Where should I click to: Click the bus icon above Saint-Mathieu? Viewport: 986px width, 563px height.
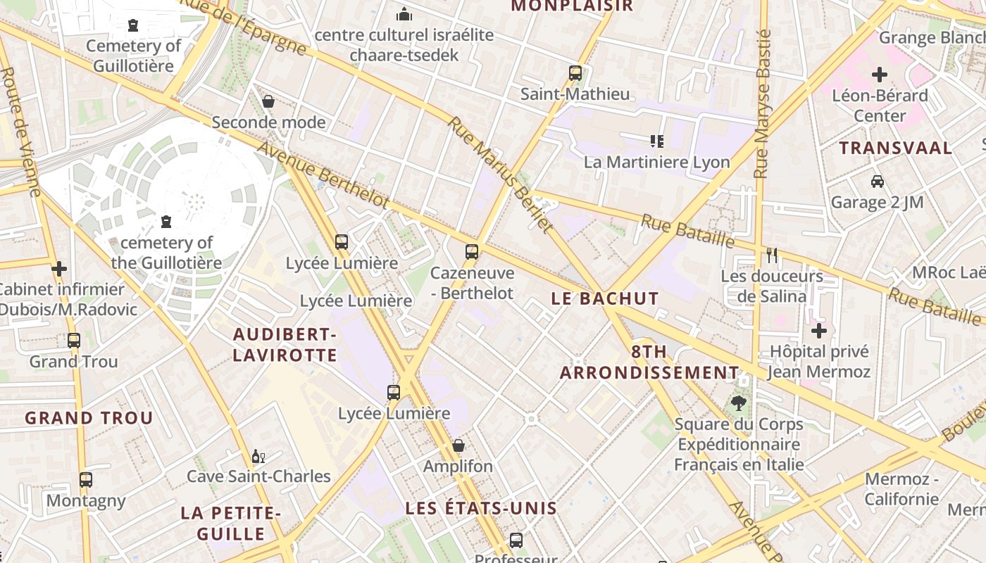point(575,72)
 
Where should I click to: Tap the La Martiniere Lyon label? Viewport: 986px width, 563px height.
point(656,162)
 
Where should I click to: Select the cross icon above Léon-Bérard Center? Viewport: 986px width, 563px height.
point(880,74)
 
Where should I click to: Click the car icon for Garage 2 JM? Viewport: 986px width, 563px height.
point(877,182)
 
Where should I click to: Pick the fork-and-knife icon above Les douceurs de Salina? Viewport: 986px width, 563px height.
point(772,255)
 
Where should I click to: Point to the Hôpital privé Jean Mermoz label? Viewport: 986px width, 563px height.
point(819,361)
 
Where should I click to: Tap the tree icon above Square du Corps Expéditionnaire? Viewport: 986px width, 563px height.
point(738,403)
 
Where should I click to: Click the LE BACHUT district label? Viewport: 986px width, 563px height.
point(605,298)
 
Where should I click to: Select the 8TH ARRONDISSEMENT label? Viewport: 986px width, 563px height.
point(649,362)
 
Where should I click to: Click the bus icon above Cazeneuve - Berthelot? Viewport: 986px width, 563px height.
point(472,251)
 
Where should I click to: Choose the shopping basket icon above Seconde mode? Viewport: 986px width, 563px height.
point(268,101)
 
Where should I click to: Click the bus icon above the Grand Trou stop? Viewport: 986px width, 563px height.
point(74,341)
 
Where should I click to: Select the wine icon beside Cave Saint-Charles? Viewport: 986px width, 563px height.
point(258,456)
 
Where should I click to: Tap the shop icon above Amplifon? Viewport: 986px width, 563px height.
point(458,445)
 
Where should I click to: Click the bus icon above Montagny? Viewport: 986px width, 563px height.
point(86,480)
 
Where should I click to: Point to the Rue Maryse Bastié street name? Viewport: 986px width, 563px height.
point(762,104)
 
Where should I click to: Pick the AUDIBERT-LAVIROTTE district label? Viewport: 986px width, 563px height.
point(285,344)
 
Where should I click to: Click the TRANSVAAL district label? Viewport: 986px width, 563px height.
point(895,148)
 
